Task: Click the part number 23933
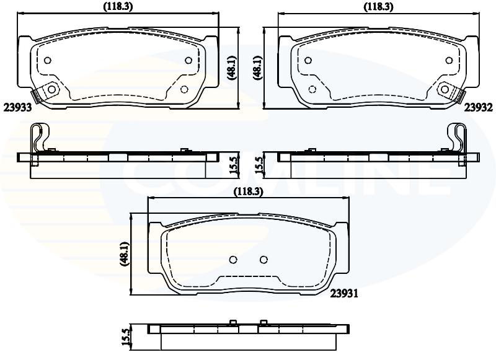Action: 18,108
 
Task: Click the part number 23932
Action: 479,108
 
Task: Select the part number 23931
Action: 344,294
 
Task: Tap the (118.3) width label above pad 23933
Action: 118,7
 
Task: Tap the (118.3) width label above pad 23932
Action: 378,7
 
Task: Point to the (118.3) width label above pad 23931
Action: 249,191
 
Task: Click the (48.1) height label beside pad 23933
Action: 231,68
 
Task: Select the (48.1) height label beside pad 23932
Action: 257,68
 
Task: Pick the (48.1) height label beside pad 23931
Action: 125,254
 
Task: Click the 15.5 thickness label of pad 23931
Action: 126,337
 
